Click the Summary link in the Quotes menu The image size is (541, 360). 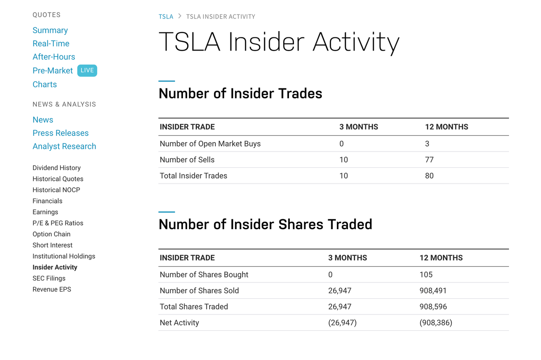point(50,30)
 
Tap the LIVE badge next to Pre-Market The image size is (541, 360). point(87,70)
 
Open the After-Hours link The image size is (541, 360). point(54,57)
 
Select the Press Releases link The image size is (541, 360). point(60,133)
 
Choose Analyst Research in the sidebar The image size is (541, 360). point(64,146)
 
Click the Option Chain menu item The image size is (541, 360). point(51,234)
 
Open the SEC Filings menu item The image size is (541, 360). point(49,278)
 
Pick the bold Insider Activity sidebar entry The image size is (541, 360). point(55,267)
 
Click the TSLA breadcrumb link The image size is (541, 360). point(166,17)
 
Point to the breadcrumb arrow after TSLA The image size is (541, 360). point(180,16)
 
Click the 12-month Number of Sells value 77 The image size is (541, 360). point(429,160)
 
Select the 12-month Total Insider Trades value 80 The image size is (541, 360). point(429,175)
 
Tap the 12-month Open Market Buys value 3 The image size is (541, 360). point(427,144)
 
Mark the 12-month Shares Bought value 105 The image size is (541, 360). point(426,275)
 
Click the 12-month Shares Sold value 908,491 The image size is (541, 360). point(433,291)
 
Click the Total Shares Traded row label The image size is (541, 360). point(194,307)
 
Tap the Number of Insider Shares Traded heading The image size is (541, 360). point(266,225)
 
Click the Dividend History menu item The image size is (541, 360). point(56,168)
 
